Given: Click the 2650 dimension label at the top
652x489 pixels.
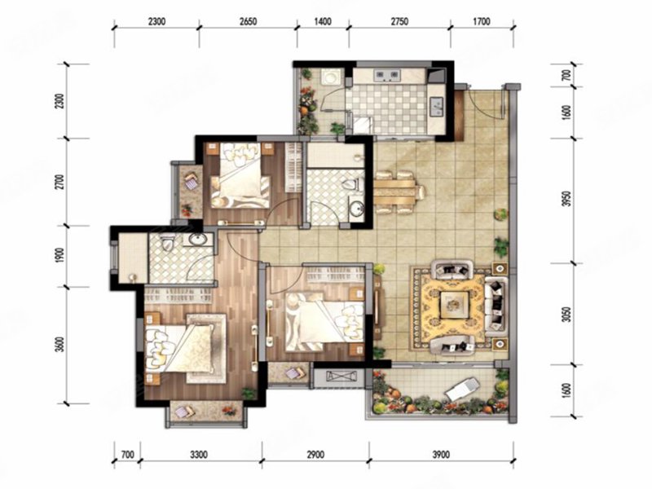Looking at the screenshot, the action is (248, 21).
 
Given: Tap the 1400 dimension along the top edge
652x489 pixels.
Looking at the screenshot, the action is (323, 21).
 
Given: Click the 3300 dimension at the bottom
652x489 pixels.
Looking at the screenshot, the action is (199, 455).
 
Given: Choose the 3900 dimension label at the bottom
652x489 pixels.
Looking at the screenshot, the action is (441, 455).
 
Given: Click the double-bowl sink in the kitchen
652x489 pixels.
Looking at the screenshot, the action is (387, 75).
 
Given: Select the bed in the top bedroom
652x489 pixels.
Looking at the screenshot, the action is (240, 174).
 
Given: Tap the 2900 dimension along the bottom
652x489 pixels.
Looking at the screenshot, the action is (315, 455).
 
